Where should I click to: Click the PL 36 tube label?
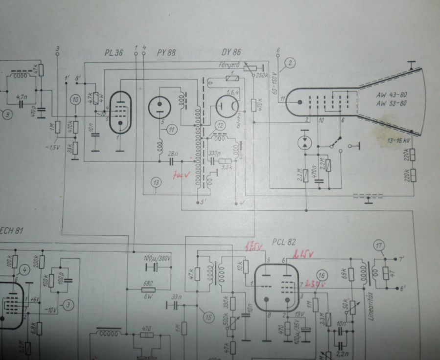114,52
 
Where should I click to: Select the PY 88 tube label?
166,52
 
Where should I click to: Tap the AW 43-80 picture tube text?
389,96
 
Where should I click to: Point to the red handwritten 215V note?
304,254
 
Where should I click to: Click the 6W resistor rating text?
143,295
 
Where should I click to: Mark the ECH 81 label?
12,231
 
